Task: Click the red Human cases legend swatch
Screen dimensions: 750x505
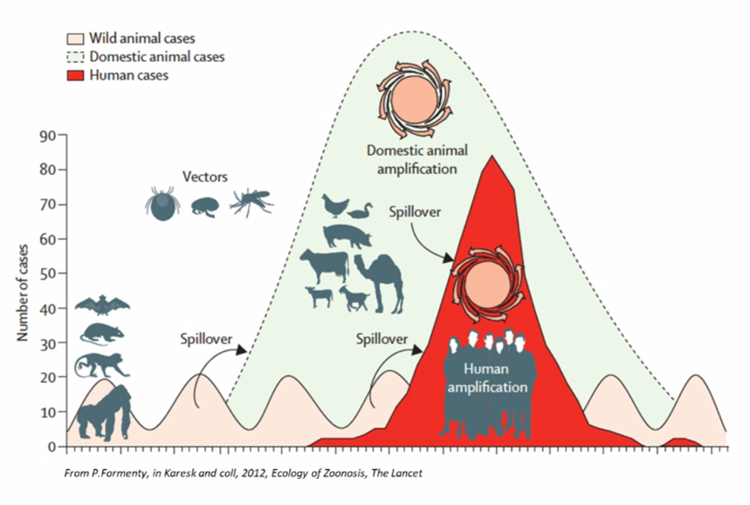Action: [77, 75]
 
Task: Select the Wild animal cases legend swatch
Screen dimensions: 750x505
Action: [77, 39]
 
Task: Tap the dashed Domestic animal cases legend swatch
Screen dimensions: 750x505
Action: [77, 57]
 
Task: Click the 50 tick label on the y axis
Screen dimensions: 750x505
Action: [45, 273]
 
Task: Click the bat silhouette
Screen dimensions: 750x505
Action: [102, 305]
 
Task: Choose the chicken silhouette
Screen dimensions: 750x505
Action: [333, 204]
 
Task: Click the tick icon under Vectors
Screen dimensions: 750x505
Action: [162, 204]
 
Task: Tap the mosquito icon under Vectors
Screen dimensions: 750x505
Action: [251, 203]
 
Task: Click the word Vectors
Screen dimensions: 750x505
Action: [204, 176]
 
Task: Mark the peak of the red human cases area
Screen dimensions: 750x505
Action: [493, 157]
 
